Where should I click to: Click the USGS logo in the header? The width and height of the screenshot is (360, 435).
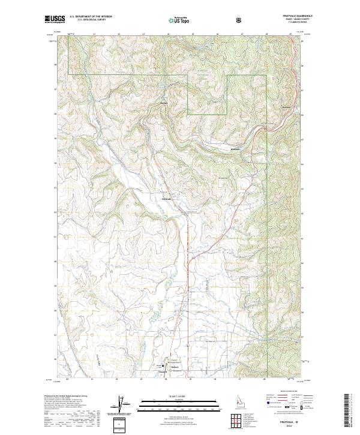pos(55,19)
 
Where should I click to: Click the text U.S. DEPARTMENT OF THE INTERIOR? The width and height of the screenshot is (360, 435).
pos(91,16)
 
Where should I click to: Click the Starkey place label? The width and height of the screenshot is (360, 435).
pos(163,103)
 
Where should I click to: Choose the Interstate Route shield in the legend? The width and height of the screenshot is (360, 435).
pos(265,408)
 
